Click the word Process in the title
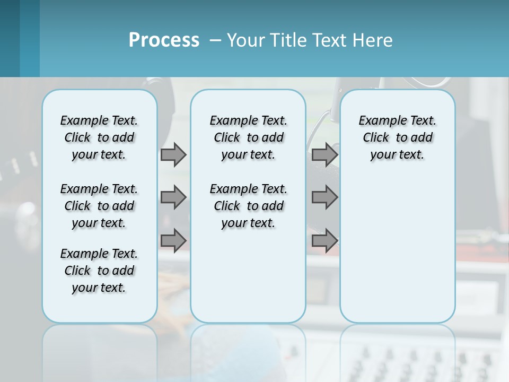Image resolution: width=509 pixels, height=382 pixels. pos(164,40)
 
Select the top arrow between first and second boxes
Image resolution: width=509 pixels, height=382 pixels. pos(173,155)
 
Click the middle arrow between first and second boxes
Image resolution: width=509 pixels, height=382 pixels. pos(173,197)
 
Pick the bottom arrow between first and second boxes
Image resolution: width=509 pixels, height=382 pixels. pos(173,241)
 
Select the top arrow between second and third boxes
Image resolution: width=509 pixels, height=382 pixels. pos(324,155)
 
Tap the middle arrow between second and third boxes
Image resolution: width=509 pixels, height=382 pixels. pos(324,197)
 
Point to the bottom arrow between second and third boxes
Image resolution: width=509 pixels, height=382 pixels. pos(324,241)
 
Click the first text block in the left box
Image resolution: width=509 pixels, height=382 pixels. pos(99,137)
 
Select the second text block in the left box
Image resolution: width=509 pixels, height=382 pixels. pos(99,206)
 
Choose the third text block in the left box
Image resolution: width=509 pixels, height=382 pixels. pos(99,271)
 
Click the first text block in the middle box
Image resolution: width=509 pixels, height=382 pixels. pos(248,137)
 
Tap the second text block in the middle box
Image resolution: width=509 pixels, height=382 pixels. pos(248,206)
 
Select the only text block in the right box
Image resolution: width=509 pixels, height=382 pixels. pos(397,137)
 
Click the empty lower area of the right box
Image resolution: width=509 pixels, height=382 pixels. pos(397,249)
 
